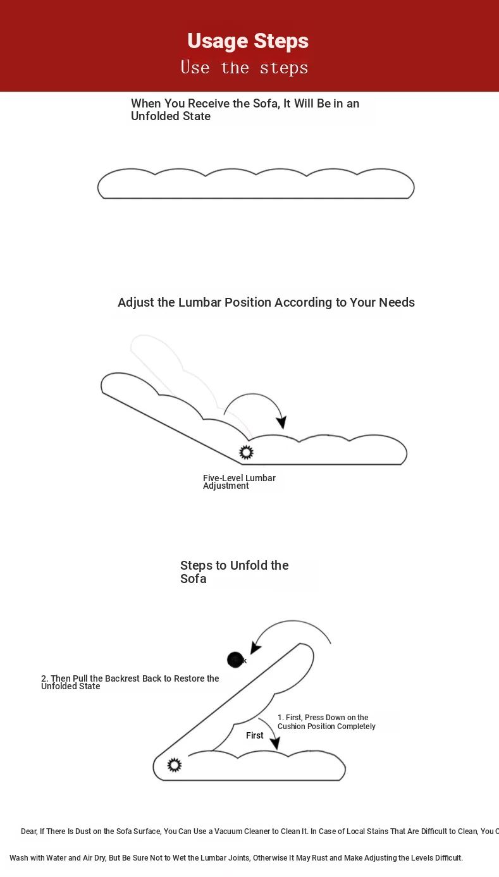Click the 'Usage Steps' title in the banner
coord(248,41)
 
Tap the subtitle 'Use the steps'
coord(244,68)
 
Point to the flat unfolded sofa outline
coord(256,184)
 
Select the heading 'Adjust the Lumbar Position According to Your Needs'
coord(266,302)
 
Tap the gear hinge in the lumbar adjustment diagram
coord(246,452)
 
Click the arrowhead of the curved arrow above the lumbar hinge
coord(282,423)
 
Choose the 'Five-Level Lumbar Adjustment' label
coord(239,482)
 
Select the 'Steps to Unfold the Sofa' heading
coord(234,572)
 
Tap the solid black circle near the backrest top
coord(235,659)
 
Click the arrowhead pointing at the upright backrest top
coord(256,647)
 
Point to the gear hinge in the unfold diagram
coord(174,765)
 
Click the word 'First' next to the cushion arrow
coord(255,735)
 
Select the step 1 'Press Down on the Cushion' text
coord(326,722)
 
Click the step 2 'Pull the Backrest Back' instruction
coord(130,682)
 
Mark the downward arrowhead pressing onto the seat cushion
coord(274,744)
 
